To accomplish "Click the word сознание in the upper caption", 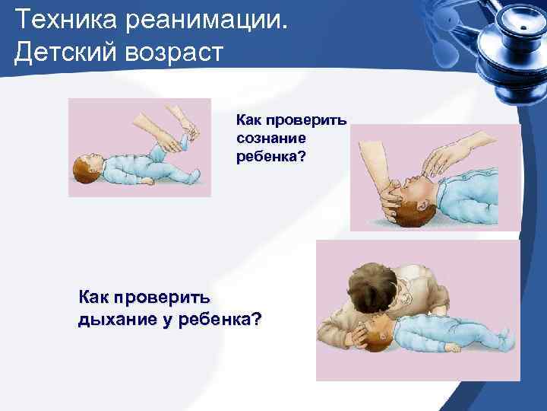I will [x=270, y=139].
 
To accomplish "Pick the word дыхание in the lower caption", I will [x=115, y=319].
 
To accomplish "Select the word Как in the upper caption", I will [x=248, y=120].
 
